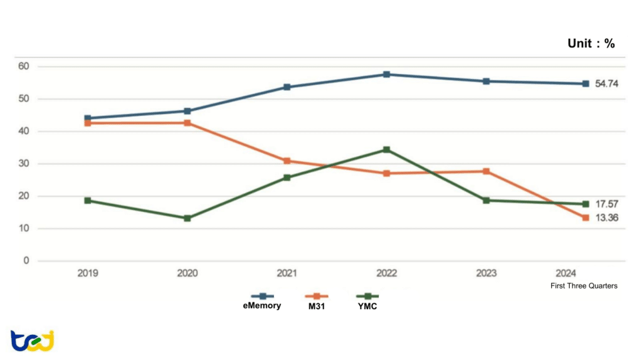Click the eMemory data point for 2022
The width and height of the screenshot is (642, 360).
tap(387, 75)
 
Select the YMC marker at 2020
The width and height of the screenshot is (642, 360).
tap(187, 218)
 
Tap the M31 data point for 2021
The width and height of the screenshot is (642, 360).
tap(287, 161)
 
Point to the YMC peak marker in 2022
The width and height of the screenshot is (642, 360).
tap(387, 150)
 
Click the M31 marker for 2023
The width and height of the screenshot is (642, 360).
tap(486, 171)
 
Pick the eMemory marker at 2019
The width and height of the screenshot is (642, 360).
tap(88, 118)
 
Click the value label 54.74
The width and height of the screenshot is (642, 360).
tap(606, 84)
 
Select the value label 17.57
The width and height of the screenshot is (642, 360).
tap(606, 204)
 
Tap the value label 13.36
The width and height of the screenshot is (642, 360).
tap(606, 218)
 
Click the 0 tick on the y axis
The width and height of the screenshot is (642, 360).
tap(25, 261)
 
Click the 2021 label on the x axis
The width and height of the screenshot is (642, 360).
tap(287, 273)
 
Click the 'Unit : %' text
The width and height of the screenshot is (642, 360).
tap(591, 43)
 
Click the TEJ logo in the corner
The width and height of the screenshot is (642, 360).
tap(32, 340)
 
